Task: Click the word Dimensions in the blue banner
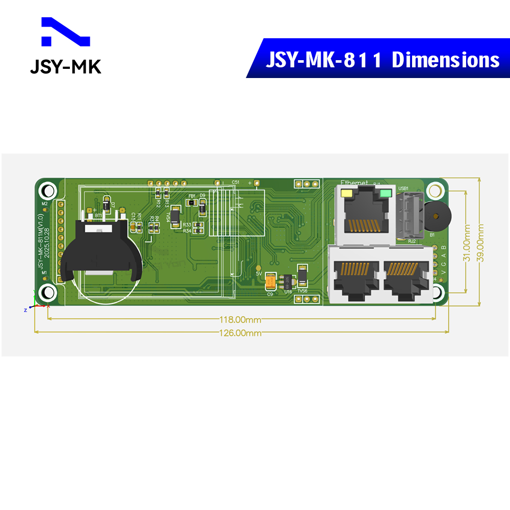pyautogui.click(x=445, y=60)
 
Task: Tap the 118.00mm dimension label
pyautogui.click(x=240, y=320)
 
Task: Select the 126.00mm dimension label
pyautogui.click(x=240, y=333)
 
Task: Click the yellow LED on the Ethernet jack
pyautogui.click(x=347, y=194)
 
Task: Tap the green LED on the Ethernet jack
pyautogui.click(x=385, y=194)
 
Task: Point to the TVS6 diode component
pyautogui.click(x=302, y=277)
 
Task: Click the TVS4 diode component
pyautogui.click(x=175, y=216)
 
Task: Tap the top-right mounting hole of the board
pyautogui.click(x=435, y=191)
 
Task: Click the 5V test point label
pyautogui.click(x=259, y=274)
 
